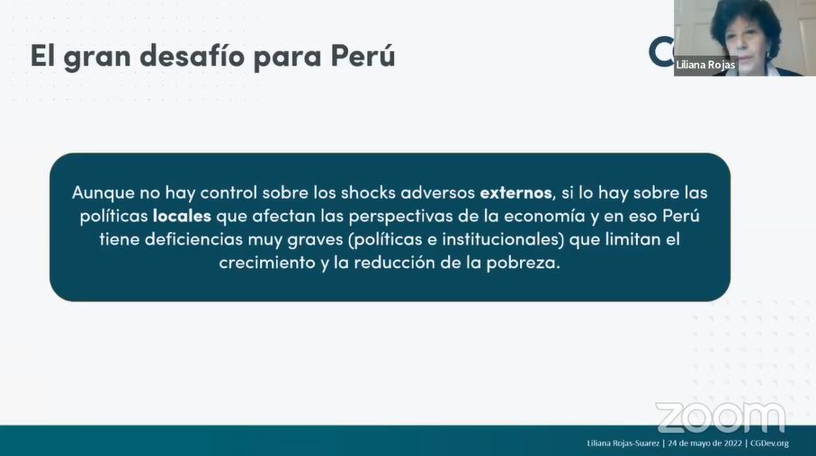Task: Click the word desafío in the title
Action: point(192,55)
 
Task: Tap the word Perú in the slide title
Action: point(363,55)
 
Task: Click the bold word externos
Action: point(516,192)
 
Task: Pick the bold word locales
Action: point(182,216)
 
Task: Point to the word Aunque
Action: point(103,193)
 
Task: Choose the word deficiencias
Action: point(193,239)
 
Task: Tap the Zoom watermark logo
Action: point(721,417)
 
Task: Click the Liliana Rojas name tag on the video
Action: point(705,65)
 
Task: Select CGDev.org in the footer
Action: point(770,443)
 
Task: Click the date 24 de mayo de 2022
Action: point(705,443)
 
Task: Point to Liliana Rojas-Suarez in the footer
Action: point(623,443)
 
